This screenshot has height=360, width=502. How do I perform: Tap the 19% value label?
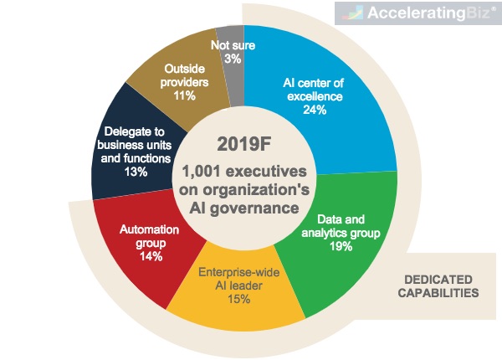click(x=341, y=246)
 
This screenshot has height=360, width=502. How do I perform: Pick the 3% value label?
click(x=233, y=59)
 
